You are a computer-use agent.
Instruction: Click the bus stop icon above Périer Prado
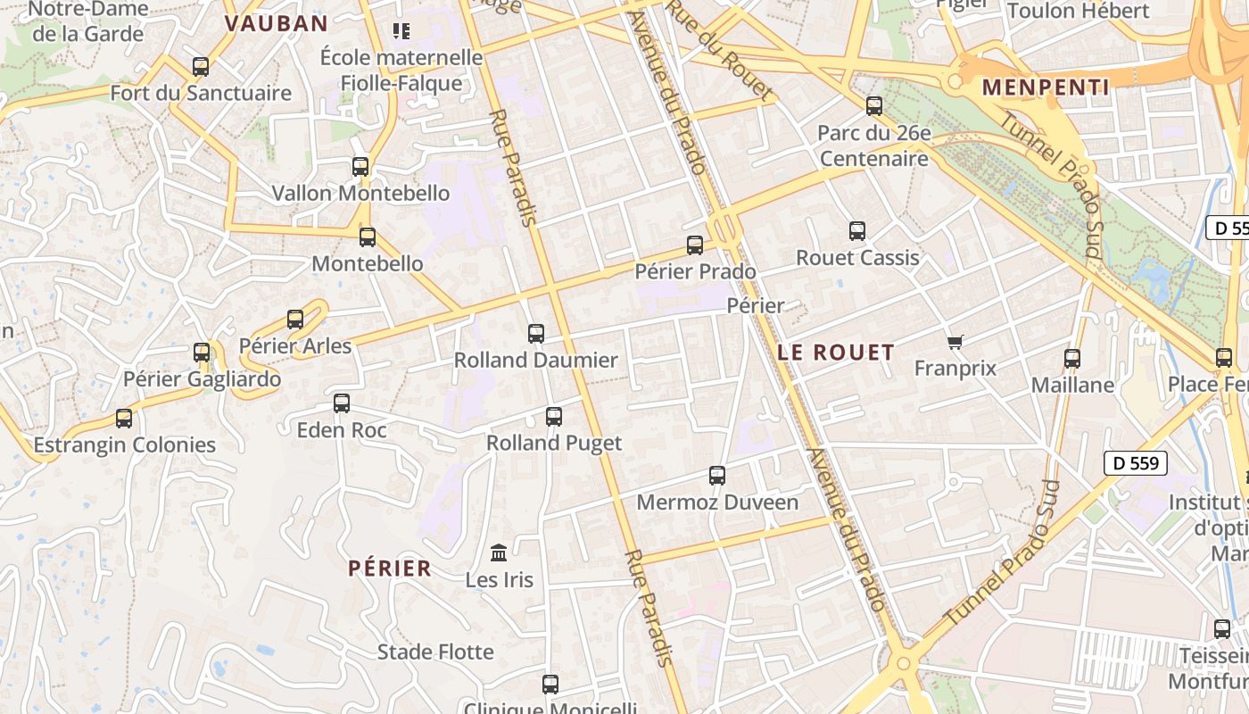(x=695, y=245)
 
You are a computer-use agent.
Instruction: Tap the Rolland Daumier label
(x=535, y=361)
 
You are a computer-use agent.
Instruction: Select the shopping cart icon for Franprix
(x=955, y=342)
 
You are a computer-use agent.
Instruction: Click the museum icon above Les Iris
(x=499, y=553)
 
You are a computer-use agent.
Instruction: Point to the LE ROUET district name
(x=835, y=353)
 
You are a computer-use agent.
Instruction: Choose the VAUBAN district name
(x=276, y=23)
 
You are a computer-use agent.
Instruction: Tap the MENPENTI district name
(x=1046, y=87)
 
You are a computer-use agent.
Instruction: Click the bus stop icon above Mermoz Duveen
(x=717, y=476)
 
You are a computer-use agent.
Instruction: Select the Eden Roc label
(x=342, y=430)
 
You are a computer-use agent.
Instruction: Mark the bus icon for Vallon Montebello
(x=360, y=167)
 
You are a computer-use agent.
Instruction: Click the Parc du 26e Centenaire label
(x=874, y=146)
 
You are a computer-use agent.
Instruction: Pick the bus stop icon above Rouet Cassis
(x=857, y=231)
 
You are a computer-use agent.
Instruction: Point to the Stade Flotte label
(x=435, y=652)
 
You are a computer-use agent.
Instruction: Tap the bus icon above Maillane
(x=1072, y=359)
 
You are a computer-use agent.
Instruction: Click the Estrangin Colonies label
(x=124, y=444)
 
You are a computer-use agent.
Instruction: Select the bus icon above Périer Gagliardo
(x=202, y=353)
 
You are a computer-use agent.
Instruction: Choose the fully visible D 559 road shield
(x=1136, y=463)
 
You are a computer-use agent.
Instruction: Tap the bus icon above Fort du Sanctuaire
(x=201, y=67)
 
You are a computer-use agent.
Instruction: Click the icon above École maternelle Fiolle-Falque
(x=401, y=32)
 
